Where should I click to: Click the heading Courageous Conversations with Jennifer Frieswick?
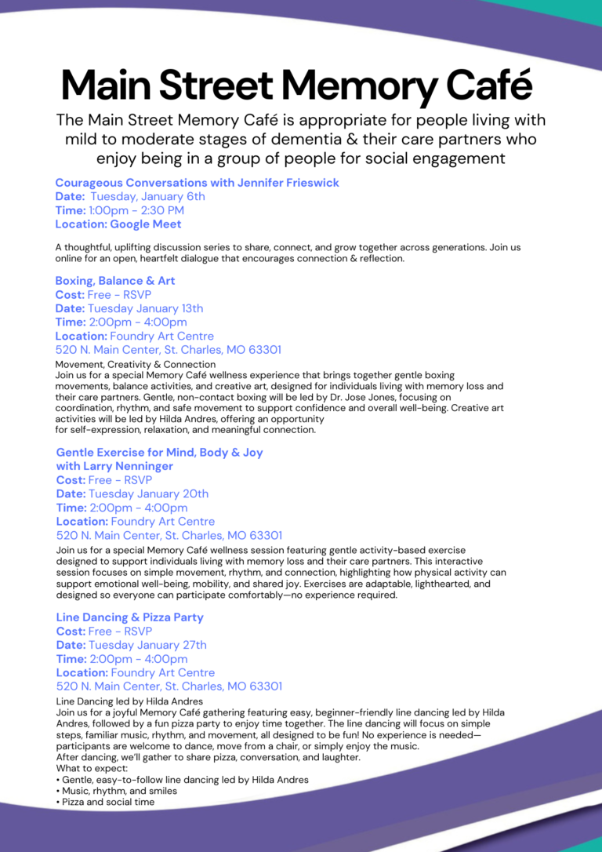click(197, 183)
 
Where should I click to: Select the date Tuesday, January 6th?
click(147, 197)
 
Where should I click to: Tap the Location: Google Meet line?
click(118, 224)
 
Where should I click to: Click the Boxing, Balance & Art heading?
click(115, 281)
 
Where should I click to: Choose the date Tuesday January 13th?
click(145, 308)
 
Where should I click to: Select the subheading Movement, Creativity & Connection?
click(135, 365)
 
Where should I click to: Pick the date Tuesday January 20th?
click(148, 494)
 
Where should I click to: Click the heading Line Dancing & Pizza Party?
click(129, 617)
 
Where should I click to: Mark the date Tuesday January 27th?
click(147, 645)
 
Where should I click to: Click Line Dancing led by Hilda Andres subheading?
click(129, 701)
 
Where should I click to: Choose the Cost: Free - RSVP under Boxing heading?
click(103, 295)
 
